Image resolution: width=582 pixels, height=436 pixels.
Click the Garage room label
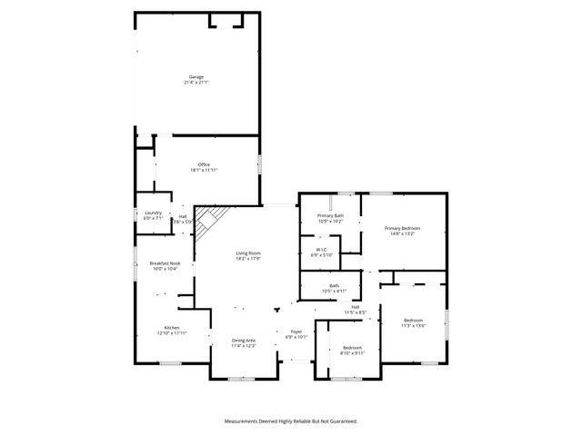(x=196, y=76)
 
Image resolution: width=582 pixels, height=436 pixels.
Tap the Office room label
(x=204, y=164)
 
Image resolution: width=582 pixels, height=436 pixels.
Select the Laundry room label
(x=153, y=213)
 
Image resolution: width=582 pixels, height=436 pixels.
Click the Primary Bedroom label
(x=402, y=228)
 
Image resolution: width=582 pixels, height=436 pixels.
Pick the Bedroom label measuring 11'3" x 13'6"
(x=414, y=321)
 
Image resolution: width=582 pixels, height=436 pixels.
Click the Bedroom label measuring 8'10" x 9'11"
(x=353, y=348)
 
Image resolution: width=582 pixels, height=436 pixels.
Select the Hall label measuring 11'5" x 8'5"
(x=356, y=307)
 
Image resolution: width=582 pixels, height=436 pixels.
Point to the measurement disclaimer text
(x=291, y=421)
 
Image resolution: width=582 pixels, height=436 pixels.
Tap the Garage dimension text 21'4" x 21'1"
(x=196, y=83)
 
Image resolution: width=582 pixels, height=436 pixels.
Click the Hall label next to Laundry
(x=183, y=215)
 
